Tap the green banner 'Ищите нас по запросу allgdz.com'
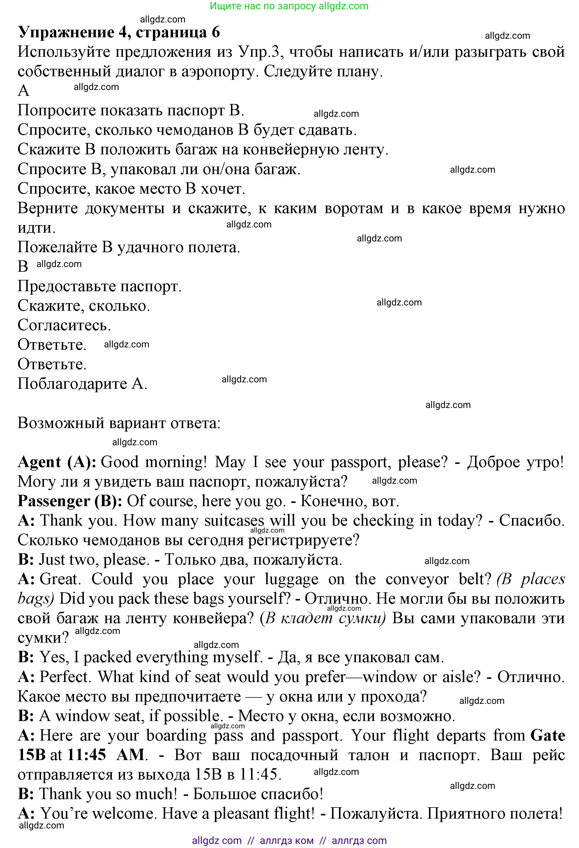click(289, 6)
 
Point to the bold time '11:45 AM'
click(106, 755)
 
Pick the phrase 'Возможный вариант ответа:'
click(119, 423)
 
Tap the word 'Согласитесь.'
click(64, 325)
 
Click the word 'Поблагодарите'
click(72, 384)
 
